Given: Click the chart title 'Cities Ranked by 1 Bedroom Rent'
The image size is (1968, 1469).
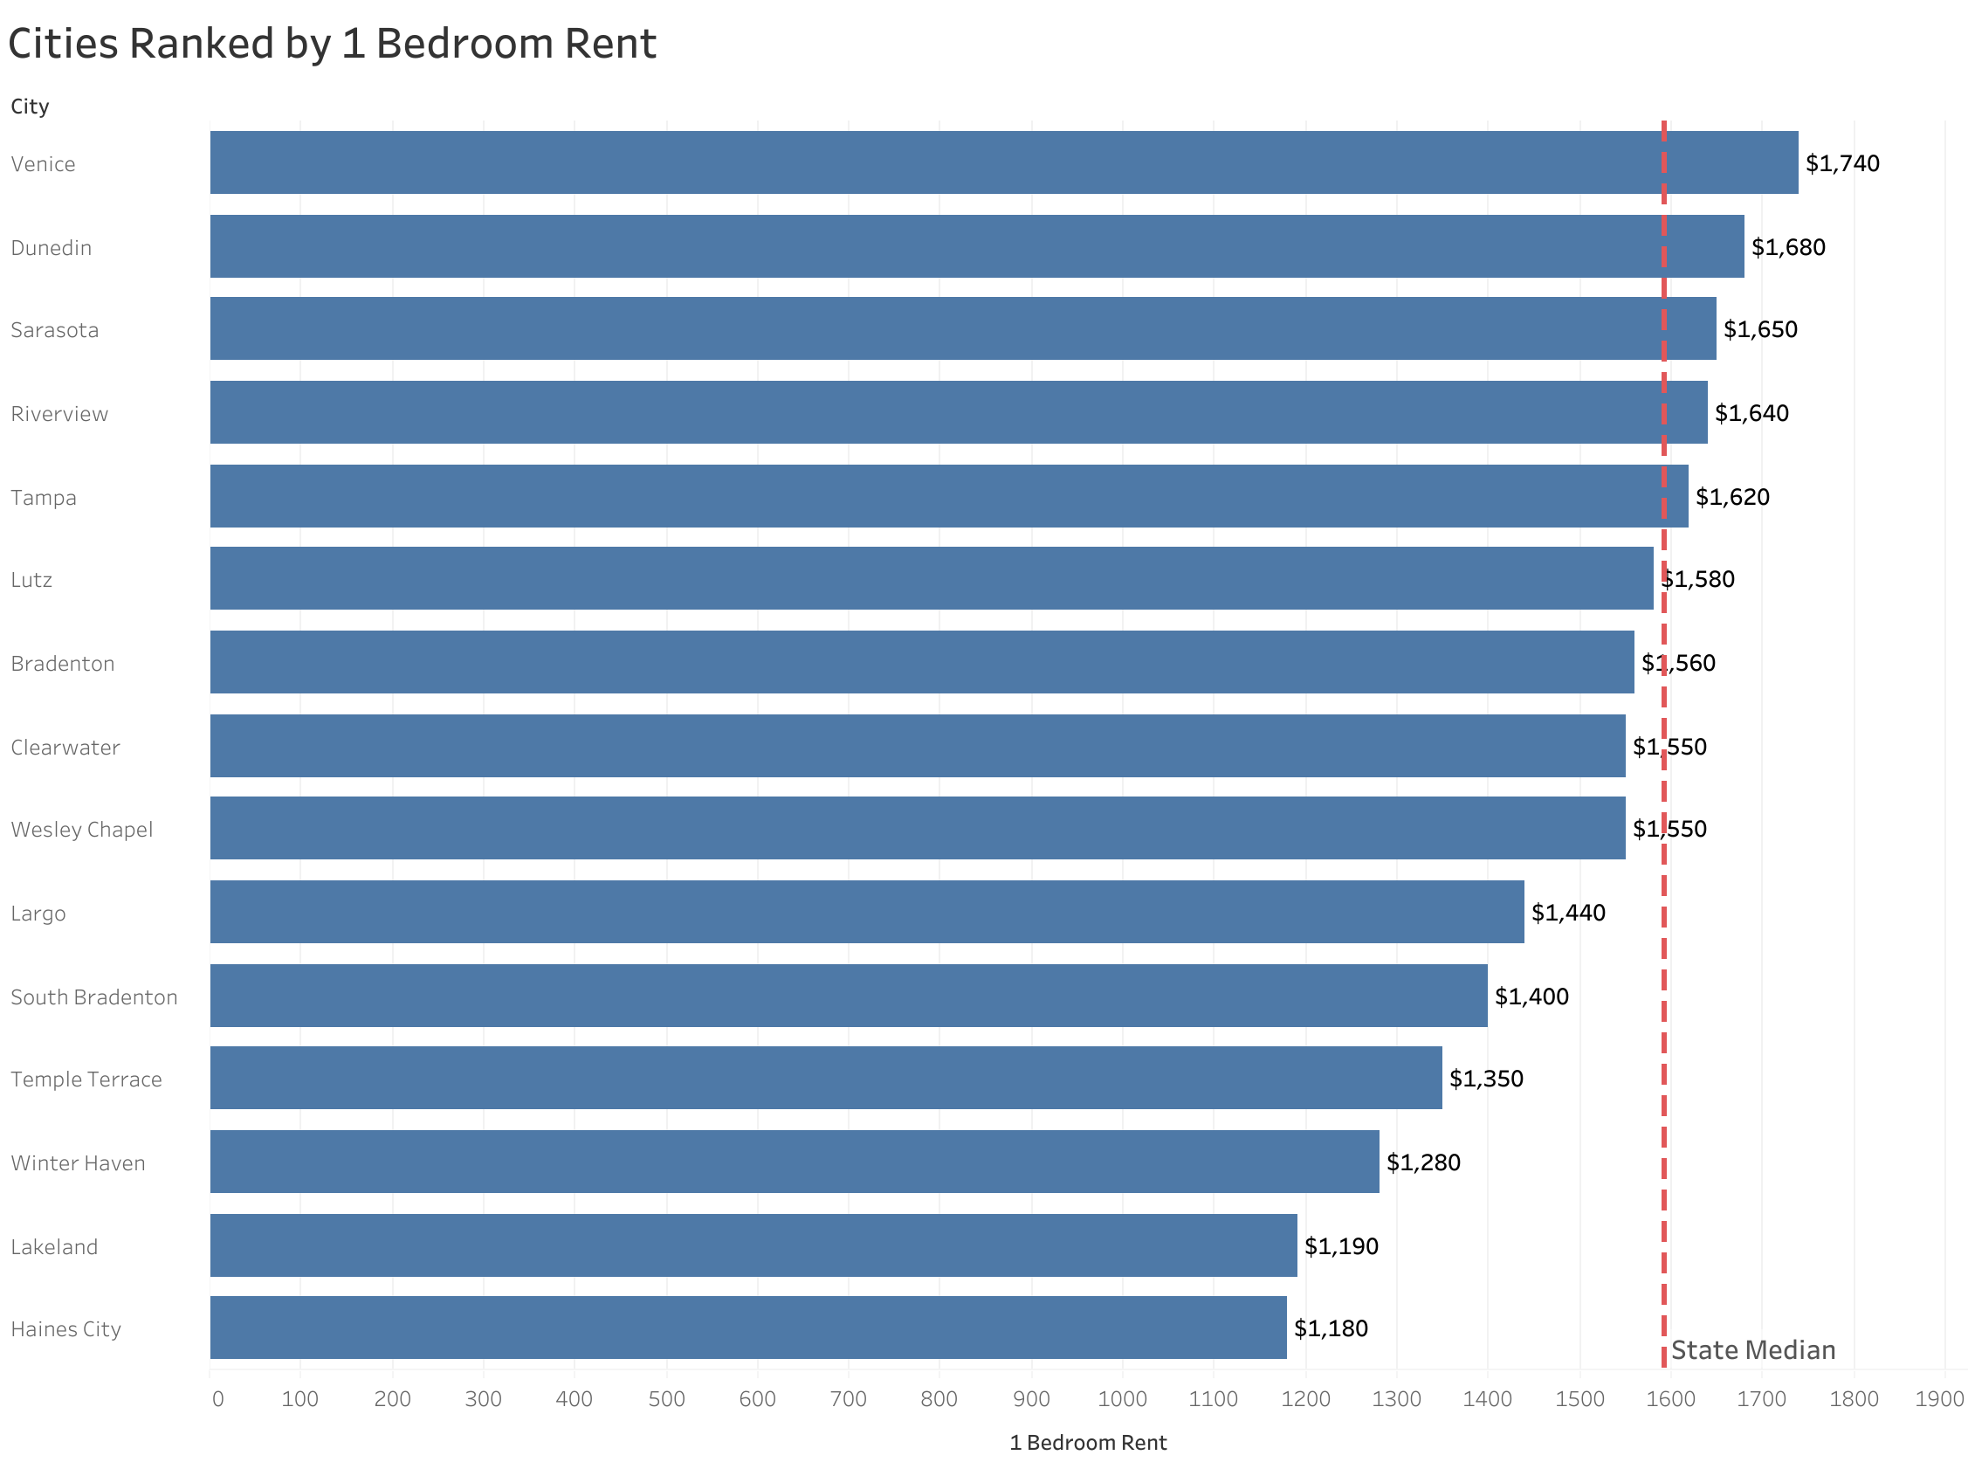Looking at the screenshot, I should tap(332, 44).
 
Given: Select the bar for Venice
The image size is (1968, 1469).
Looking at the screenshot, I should tap(1002, 162).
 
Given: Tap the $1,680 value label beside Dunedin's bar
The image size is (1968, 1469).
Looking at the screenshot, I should tap(1786, 247).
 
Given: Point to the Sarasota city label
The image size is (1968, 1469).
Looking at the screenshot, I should tap(54, 330).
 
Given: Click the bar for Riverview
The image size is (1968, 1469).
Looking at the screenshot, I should tap(957, 412).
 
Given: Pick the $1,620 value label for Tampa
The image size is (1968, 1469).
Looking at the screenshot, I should tap(1731, 497).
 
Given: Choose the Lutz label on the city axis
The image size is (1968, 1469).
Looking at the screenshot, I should tap(31, 580).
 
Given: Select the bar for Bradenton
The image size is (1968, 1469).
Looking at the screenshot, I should tap(921, 663).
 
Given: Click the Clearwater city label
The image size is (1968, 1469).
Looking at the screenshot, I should tap(65, 747).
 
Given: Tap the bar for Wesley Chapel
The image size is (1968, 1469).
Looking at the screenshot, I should tap(917, 829).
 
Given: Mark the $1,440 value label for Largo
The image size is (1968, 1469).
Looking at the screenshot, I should tap(1567, 913).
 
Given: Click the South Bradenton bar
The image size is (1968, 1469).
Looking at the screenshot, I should tap(848, 996).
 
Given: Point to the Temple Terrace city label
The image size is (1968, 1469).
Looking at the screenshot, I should tap(86, 1079).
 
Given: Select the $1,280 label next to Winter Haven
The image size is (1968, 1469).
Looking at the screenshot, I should tap(1422, 1162).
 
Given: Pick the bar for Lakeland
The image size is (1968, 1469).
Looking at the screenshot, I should tap(753, 1245).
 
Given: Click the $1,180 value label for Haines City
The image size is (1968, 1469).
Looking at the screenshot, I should tap(1330, 1328).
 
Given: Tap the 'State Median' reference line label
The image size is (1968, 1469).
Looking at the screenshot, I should tap(1752, 1351).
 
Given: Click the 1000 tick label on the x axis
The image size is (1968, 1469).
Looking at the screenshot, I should tap(1122, 1400).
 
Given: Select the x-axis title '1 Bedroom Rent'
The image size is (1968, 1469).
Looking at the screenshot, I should tap(1087, 1443).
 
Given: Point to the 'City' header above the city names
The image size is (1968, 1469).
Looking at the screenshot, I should tap(30, 107).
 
